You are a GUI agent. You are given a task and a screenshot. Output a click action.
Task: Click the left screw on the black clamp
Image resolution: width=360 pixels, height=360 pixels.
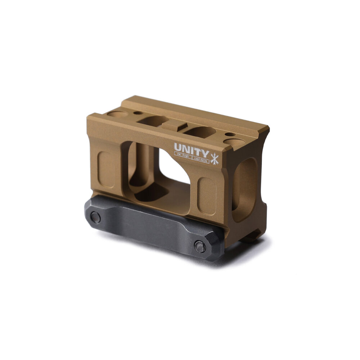click(95, 217)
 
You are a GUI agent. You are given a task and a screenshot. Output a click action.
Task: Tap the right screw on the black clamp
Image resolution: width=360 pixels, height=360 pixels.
click(200, 246)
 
